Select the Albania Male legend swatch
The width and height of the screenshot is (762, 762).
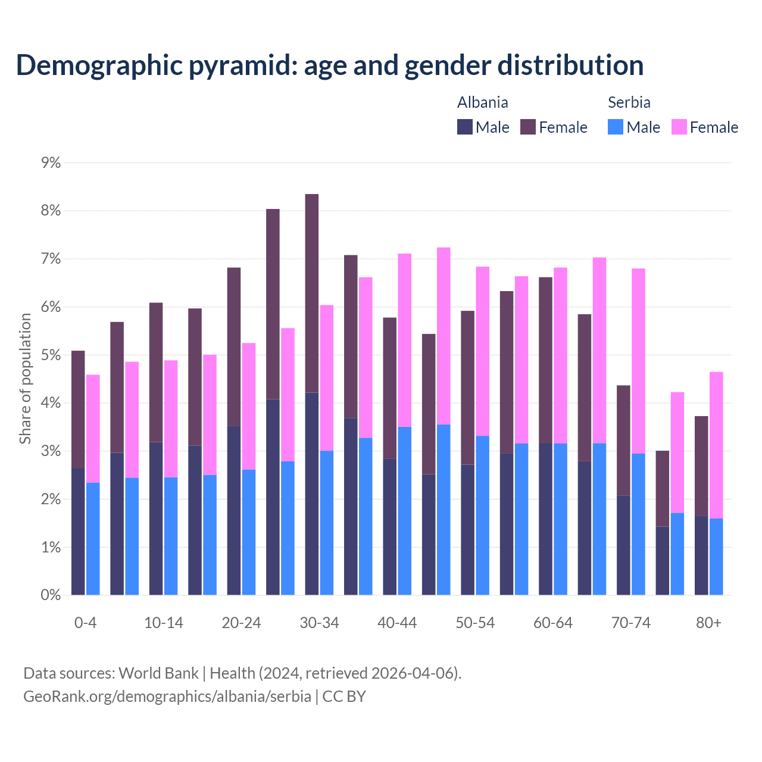tap(465, 127)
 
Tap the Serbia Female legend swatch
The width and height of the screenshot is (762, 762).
tap(679, 127)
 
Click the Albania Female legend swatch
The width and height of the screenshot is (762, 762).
tap(528, 127)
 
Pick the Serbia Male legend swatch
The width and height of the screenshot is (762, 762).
tap(616, 127)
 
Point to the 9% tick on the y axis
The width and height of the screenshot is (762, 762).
tap(51, 163)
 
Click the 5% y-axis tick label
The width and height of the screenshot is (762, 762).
tap(51, 355)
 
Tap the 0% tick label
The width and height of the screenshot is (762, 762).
tap(51, 595)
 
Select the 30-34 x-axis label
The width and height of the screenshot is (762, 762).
tap(319, 623)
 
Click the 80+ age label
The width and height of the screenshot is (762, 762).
tap(708, 623)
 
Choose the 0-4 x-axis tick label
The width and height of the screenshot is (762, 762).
tap(85, 623)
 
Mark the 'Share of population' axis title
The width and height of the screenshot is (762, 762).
tap(25, 379)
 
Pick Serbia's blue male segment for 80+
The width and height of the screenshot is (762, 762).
tap(716, 557)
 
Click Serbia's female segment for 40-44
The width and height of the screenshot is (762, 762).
tap(405, 340)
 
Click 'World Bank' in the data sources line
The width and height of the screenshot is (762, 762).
tap(158, 673)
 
